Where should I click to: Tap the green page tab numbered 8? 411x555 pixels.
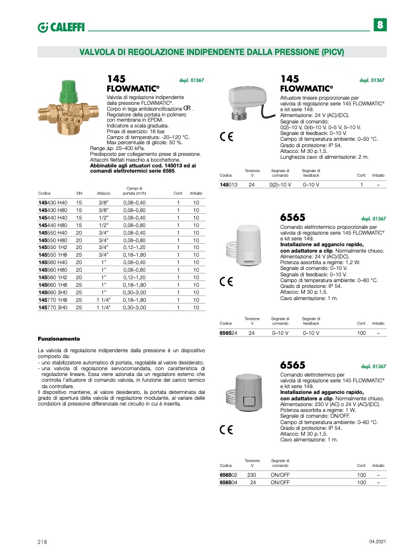coord(380,25)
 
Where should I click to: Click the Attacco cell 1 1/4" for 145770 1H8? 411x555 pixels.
coord(104,300)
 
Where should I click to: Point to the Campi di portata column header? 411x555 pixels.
coord(135,191)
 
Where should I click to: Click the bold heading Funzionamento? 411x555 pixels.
coord(58,338)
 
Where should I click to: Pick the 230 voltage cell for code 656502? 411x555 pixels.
coord(252,474)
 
